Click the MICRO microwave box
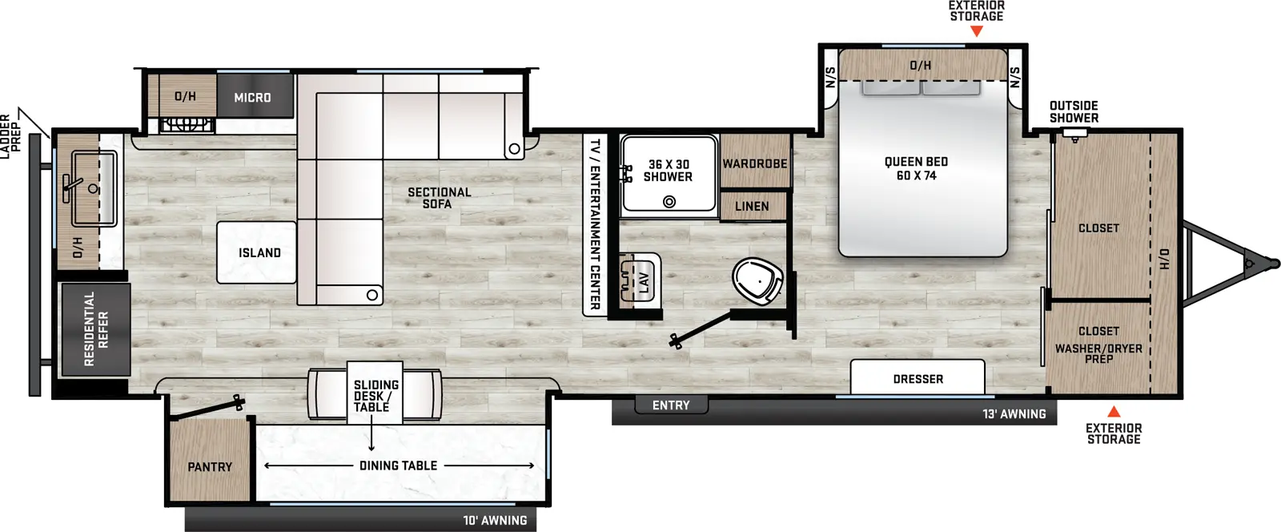pos(252,97)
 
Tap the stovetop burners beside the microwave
pos(187,124)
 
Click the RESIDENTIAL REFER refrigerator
pos(95,329)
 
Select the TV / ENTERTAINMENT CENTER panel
pos(594,224)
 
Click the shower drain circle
pos(669,202)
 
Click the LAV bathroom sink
pos(640,279)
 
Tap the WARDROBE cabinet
pos(755,163)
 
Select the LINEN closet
pos(752,206)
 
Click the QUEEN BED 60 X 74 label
pos(916,168)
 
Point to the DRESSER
pos(918,378)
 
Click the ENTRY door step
pos(671,405)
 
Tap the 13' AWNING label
pos(1014,414)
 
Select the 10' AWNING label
pos(495,520)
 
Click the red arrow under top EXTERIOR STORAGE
pos(976,31)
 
